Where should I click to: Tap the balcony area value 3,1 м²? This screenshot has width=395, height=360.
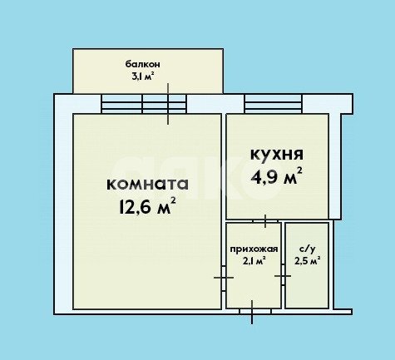[x=142, y=76]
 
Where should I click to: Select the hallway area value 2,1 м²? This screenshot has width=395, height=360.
[x=254, y=261]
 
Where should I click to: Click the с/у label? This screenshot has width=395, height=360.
[x=305, y=249]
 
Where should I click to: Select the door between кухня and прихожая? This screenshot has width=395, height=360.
[x=264, y=220]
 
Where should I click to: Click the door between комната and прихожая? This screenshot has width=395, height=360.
[x=225, y=277]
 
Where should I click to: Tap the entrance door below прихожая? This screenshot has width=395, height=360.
[x=252, y=312]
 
